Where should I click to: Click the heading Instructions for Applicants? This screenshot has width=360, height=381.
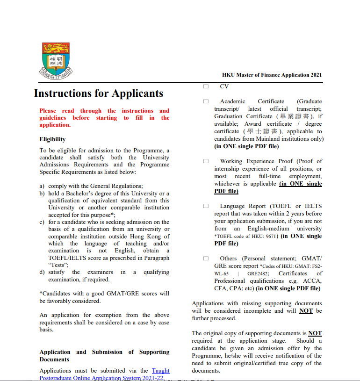pyautogui.click(x=99, y=93)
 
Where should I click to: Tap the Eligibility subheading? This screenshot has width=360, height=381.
pyautogui.click(x=52, y=139)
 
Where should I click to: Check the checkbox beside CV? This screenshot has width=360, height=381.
pyautogui.click(x=206, y=86)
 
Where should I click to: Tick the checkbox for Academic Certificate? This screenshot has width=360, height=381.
pyautogui.click(x=206, y=101)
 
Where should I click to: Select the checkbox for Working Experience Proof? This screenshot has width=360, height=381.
pyautogui.click(x=206, y=161)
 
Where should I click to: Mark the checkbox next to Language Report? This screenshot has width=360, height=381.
pyautogui.click(x=206, y=206)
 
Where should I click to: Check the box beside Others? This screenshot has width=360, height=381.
pyautogui.click(x=206, y=259)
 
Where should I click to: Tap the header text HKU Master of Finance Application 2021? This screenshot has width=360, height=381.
pyautogui.click(x=272, y=75)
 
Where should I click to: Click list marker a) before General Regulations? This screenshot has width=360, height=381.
pyautogui.click(x=42, y=186)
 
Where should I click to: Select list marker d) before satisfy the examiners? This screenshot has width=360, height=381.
pyautogui.click(x=42, y=272)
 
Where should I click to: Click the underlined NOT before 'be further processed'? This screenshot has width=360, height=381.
pyautogui.click(x=306, y=311)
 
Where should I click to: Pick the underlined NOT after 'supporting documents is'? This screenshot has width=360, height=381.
pyautogui.click(x=315, y=333)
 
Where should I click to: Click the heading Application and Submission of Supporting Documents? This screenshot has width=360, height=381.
pyautogui.click(x=104, y=356)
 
